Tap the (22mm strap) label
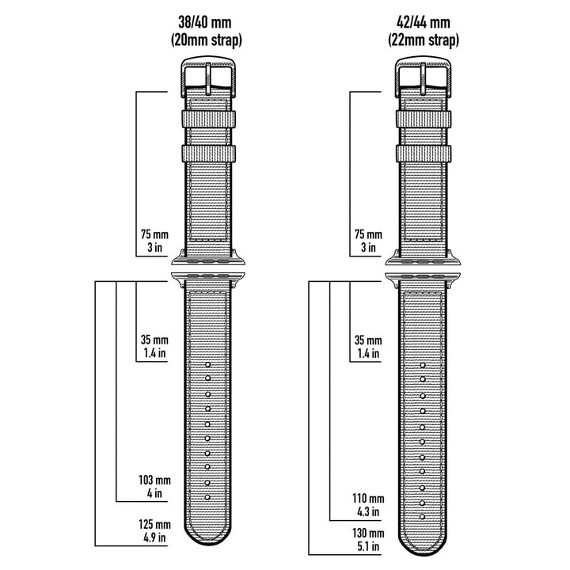point(424,40)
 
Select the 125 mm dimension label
point(153,525)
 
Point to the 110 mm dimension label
point(369,498)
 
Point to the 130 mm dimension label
point(369,534)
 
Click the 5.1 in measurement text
point(369,547)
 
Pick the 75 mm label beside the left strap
point(153,234)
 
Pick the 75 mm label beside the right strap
point(368,234)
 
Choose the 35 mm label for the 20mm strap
point(153,340)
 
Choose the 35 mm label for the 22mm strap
point(368,340)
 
